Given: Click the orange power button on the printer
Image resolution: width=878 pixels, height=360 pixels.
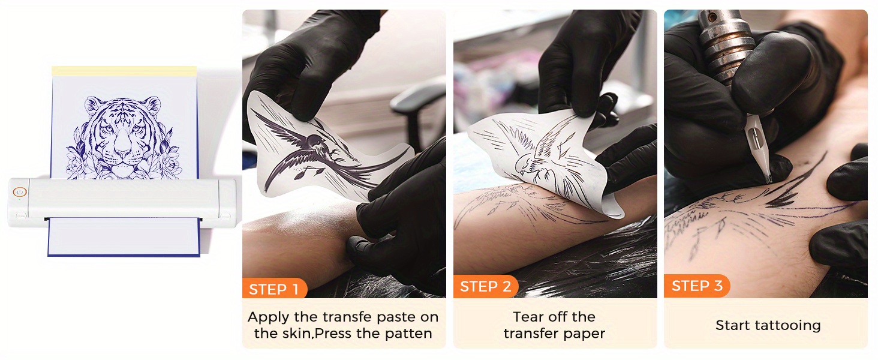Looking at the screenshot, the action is click(x=20, y=192).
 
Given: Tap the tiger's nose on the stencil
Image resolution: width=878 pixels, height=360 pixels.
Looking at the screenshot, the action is click(x=123, y=146).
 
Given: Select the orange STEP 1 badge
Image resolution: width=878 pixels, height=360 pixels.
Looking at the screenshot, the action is click(x=275, y=289).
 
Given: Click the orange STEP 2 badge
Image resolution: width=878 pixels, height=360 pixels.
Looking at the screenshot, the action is click(x=486, y=286).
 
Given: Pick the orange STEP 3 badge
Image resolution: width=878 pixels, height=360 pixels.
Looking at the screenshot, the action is click(x=697, y=286).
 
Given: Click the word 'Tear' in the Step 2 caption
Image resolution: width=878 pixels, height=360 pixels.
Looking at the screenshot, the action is click(x=528, y=316).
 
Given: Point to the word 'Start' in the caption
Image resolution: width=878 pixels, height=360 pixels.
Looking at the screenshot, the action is click(x=733, y=325).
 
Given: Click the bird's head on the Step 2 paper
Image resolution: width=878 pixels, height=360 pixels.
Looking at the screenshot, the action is click(x=524, y=163).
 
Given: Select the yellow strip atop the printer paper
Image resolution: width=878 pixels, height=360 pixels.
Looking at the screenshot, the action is click(x=124, y=71).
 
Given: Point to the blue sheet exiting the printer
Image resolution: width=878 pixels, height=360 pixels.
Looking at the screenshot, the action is click(x=124, y=238).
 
